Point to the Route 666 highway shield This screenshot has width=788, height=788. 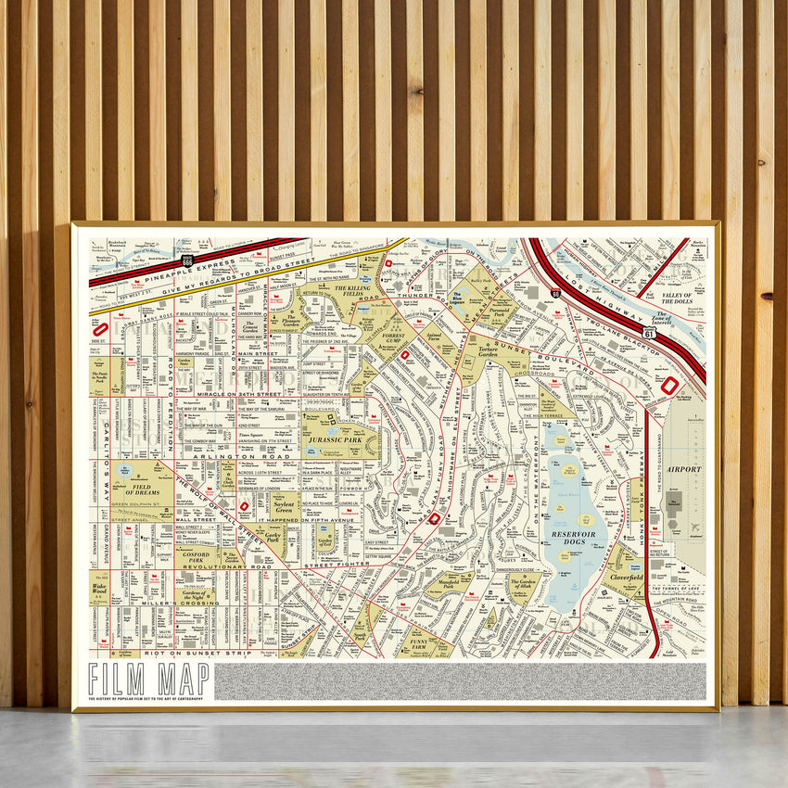pyautogui.click(x=188, y=261)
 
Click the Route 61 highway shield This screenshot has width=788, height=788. pyautogui.click(x=649, y=332)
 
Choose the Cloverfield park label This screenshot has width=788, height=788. pyautogui.click(x=627, y=575)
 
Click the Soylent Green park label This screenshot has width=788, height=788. pyautogui.click(x=285, y=506)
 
